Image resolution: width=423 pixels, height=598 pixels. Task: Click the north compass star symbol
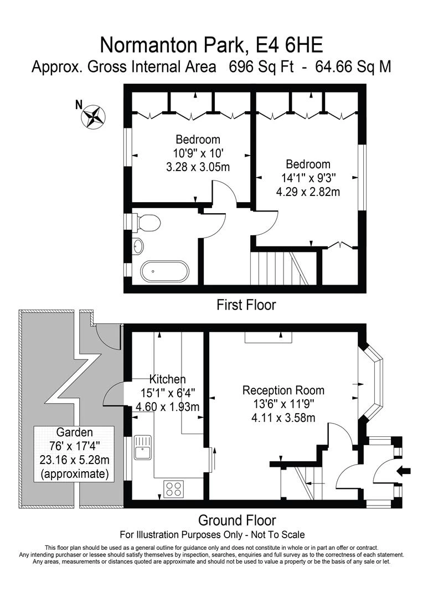coord(93,116)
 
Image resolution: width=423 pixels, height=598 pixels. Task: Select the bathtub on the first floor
coord(164,271)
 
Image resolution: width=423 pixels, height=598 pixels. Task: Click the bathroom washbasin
coord(138,246)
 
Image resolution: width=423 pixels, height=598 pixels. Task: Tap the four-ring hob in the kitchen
coord(173,489)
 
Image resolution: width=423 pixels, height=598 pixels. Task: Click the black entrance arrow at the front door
coord(404,471)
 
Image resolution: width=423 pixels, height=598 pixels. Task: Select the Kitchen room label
coord(167,379)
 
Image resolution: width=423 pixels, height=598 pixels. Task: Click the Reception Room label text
coord(283,390)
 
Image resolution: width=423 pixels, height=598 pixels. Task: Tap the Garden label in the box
coord(74,432)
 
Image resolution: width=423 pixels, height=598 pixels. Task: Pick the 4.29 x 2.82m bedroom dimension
coord(308,191)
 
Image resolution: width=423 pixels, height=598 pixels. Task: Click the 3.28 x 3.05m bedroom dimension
coord(198,167)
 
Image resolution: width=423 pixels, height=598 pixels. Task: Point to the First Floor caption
coord(246,305)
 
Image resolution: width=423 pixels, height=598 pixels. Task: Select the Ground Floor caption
coord(237,520)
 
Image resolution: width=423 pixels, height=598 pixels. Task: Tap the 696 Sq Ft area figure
coord(261,67)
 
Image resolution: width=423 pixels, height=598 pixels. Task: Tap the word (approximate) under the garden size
coord(74,474)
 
